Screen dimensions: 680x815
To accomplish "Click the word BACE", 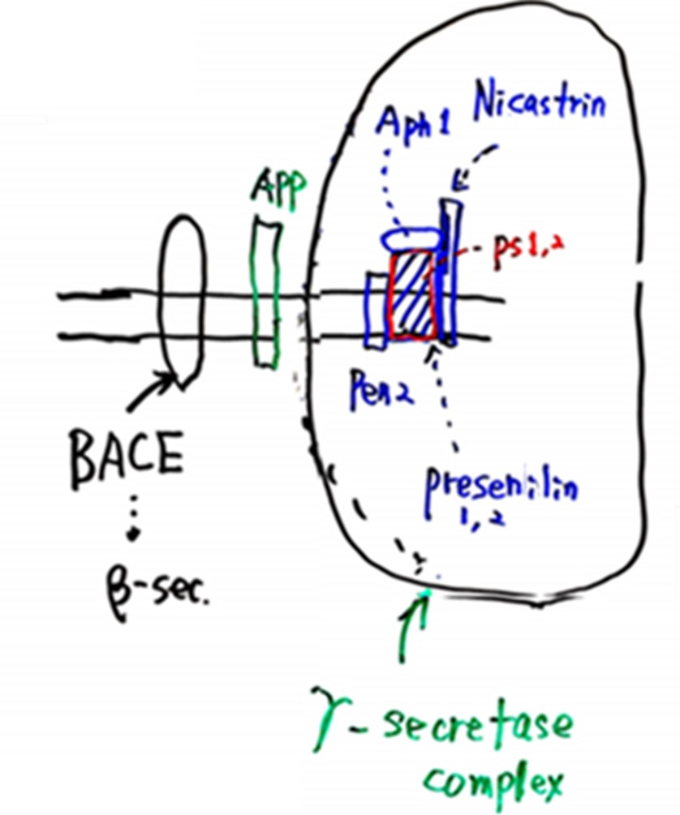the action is pyautogui.click(x=127, y=458).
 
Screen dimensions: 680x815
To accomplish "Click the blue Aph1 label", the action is pyautogui.click(x=414, y=128).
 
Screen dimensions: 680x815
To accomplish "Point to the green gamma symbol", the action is pyautogui.click(x=331, y=718).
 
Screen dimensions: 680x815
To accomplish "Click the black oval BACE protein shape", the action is pyautogui.click(x=182, y=302).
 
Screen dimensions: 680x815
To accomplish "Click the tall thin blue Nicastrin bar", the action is pyautogui.click(x=450, y=272).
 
